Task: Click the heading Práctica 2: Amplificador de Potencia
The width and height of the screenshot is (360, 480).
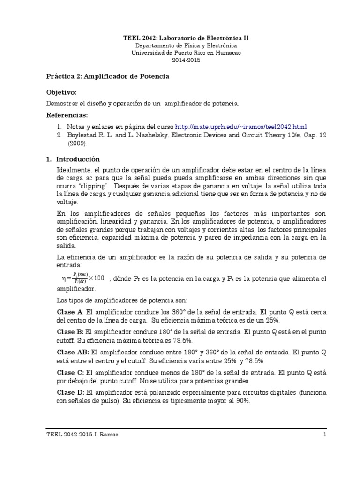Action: [107, 76]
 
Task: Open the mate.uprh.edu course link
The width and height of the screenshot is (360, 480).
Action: [241, 127]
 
